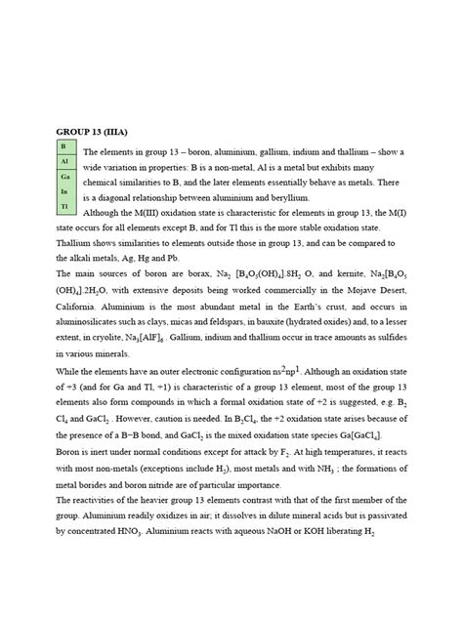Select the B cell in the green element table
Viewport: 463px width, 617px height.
(63, 145)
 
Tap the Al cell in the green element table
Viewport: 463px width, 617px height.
(63, 160)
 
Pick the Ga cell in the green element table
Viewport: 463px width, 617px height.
(63, 177)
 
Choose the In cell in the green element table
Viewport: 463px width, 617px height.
(63, 192)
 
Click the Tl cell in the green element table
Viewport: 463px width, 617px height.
(63, 208)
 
